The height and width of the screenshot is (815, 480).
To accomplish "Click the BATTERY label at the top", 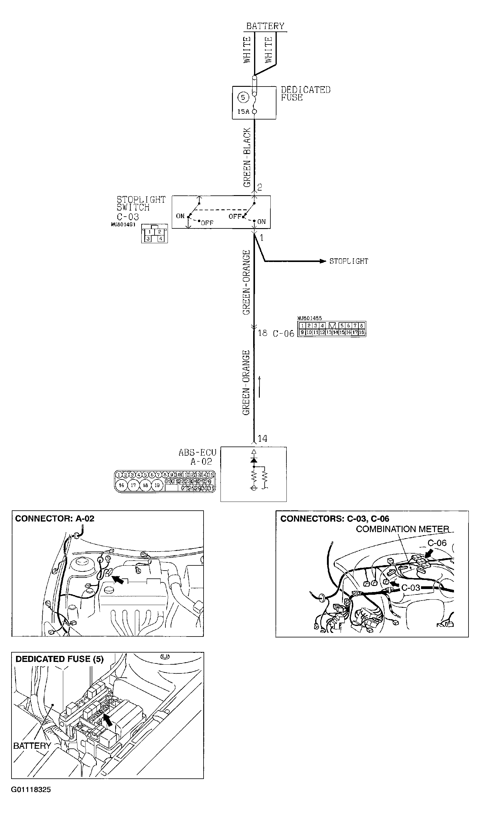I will [265, 26].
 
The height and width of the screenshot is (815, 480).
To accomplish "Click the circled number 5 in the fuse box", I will [243, 97].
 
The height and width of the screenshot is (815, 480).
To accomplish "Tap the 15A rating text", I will [243, 112].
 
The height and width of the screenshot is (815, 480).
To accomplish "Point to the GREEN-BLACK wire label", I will [247, 158].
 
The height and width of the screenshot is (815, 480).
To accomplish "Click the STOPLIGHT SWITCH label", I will [141, 204].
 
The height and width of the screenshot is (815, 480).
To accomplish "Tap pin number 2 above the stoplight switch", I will [260, 187].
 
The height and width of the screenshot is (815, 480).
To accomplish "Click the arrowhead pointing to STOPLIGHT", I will [322, 261].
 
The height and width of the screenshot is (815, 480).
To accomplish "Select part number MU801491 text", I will [123, 224].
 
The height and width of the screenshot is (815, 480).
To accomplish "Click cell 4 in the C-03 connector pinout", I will [160, 239].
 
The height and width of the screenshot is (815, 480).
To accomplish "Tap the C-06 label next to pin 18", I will [283, 333].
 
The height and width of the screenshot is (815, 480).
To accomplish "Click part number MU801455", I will [309, 318].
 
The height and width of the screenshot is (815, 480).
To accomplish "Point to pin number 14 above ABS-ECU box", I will [262, 439].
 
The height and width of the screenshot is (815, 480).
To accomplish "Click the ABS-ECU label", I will [197, 453].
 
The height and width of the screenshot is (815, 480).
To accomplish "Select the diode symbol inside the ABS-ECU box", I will [254, 460].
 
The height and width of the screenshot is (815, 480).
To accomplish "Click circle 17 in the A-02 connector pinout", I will [133, 485].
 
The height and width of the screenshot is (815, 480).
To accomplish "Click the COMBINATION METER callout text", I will [402, 529].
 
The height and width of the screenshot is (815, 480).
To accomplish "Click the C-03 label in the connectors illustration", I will [410, 587].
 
